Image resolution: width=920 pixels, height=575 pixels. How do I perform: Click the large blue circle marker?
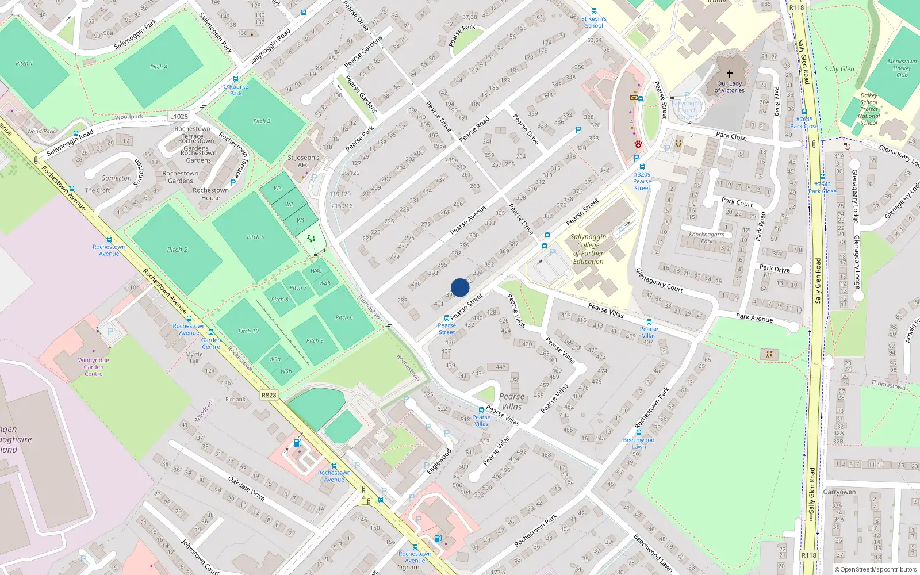click(460, 287)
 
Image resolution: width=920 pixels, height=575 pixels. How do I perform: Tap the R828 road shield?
click(269, 395)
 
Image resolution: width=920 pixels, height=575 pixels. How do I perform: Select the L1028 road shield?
click(179, 116)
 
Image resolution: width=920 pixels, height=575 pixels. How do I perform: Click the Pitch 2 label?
click(177, 250)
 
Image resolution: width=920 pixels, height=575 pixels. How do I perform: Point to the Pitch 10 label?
click(248, 331)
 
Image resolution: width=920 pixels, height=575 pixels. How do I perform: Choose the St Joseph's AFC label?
click(303, 161)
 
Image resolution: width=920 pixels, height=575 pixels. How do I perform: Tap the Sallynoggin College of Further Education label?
click(588, 249)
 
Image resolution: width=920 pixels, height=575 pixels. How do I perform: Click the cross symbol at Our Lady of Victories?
click(730, 74)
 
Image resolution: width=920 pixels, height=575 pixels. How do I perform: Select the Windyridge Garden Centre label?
click(94, 367)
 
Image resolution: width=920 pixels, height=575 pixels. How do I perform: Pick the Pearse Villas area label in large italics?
click(512, 401)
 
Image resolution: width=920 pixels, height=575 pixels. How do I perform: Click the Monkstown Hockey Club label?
click(902, 68)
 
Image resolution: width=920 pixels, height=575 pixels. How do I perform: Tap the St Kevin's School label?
click(594, 22)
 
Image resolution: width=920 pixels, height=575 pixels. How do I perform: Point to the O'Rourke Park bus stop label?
click(236, 90)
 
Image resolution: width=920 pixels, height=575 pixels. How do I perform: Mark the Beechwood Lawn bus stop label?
click(638, 443)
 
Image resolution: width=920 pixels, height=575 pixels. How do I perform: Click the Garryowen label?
click(839, 492)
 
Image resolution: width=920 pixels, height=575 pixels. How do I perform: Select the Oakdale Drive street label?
click(246, 488)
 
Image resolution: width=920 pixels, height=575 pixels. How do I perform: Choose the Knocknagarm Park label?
click(707, 237)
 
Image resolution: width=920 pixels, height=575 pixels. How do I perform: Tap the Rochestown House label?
click(210, 194)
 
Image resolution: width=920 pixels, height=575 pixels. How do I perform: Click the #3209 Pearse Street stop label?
click(642, 181)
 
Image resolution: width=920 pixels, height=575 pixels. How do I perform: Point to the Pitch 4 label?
click(159, 67)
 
